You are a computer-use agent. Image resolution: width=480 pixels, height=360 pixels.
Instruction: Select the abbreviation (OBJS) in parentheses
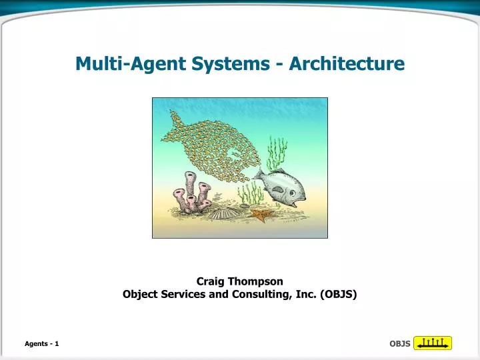(337, 294)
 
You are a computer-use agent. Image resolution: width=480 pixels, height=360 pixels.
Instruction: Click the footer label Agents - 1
(42, 343)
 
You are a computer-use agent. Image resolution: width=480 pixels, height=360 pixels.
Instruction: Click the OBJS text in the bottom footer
(399, 344)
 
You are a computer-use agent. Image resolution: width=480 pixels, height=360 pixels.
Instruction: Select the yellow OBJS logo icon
(433, 343)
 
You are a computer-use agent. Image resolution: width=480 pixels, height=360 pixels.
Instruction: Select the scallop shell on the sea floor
(221, 213)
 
